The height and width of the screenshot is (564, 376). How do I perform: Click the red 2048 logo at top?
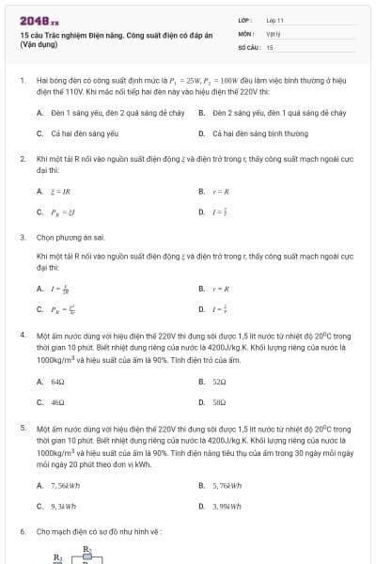click(39, 20)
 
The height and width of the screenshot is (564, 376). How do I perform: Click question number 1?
click(22, 82)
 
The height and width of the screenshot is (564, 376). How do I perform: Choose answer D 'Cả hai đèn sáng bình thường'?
click(247, 134)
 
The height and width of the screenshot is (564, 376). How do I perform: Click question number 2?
click(22, 159)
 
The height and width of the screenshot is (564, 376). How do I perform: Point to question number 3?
click(22, 238)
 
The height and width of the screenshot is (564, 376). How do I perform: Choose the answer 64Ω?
click(57, 382)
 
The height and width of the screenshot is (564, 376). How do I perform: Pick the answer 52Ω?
click(220, 382)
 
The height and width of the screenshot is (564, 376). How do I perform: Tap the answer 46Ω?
click(57, 402)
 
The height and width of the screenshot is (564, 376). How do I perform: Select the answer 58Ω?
click(220, 402)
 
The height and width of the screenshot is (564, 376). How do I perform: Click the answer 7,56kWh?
click(64, 485)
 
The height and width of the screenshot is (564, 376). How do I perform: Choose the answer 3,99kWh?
click(227, 506)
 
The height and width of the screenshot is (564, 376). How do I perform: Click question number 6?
click(22, 532)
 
